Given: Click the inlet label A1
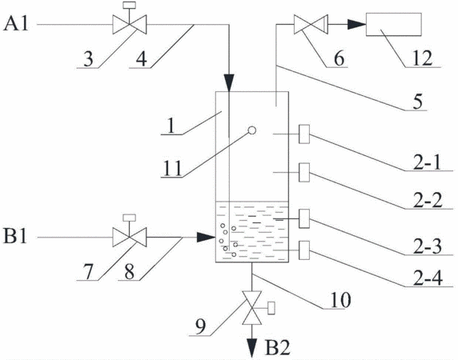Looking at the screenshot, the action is [16, 23].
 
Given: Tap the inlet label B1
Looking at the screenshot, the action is [15, 236].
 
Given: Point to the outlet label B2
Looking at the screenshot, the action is [278, 347].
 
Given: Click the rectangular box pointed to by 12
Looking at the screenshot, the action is [394, 25].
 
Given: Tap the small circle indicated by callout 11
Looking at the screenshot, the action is [252, 130].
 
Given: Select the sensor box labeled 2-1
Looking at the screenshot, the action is [304, 134].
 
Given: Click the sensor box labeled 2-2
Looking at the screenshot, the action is [304, 173].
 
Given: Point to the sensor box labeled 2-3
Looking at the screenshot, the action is [304, 218].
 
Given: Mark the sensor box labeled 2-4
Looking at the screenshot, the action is [304, 250].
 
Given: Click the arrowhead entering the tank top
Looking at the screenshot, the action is [229, 82].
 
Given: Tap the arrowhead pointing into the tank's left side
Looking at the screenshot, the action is [207, 238].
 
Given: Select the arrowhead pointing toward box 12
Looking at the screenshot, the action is [356, 25].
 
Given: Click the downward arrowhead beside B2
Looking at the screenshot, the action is [251, 348].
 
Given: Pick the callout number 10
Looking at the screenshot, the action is [340, 300].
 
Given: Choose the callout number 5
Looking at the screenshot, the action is [418, 102].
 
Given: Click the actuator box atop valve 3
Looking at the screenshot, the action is [130, 6].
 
